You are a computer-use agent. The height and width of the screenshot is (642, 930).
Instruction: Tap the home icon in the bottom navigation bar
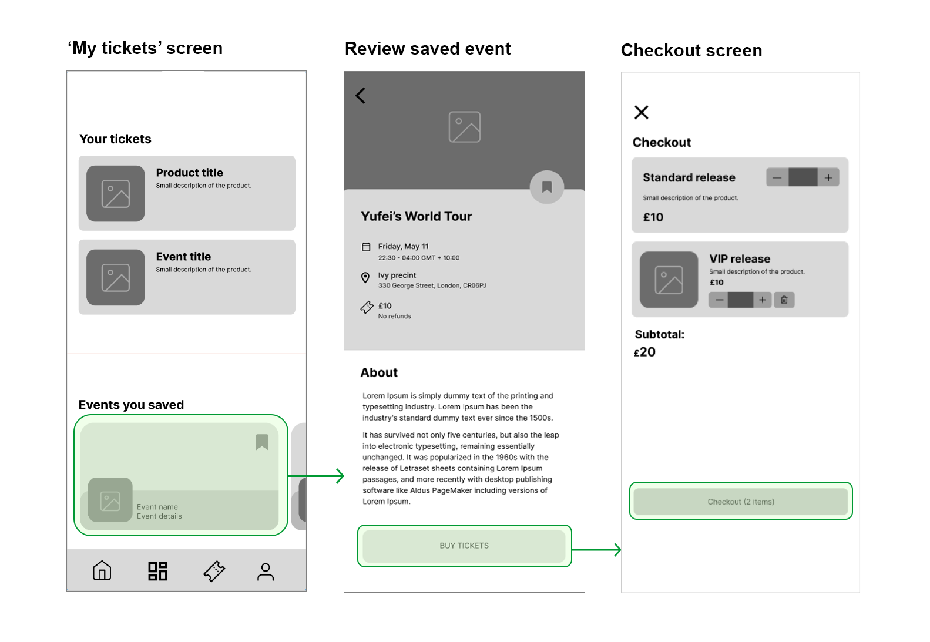tap(102, 570)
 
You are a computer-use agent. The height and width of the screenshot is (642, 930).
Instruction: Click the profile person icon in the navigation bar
tap(266, 572)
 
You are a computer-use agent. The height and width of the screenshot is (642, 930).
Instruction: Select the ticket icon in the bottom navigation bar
tap(214, 571)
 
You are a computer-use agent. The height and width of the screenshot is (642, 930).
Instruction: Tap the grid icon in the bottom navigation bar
tap(158, 571)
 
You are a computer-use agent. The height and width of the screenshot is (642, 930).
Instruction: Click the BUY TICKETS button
tap(464, 546)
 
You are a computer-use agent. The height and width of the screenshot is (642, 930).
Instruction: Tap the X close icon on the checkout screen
tap(641, 112)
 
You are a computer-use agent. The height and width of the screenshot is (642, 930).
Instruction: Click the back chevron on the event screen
tap(360, 96)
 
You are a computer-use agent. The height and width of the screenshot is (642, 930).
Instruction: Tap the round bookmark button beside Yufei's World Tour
tap(546, 187)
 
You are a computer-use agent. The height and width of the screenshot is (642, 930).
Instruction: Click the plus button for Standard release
tap(828, 177)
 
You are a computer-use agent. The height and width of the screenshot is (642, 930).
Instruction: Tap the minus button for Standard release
tap(777, 177)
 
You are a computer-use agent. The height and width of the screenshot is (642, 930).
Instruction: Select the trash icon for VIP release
tap(784, 300)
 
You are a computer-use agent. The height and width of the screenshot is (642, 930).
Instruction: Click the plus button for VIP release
tap(762, 300)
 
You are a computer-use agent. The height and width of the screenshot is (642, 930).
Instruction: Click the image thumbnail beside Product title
tap(115, 193)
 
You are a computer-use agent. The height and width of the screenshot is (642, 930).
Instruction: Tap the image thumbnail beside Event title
tap(115, 277)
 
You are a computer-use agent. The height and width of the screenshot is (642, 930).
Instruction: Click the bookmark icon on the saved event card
tap(262, 442)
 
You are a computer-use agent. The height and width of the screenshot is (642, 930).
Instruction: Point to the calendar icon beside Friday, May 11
tap(366, 247)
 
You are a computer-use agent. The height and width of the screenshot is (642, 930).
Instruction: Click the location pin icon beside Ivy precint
tap(365, 278)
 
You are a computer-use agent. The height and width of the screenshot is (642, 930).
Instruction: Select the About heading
tap(379, 372)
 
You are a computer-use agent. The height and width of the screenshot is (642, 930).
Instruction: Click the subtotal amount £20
tap(644, 352)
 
